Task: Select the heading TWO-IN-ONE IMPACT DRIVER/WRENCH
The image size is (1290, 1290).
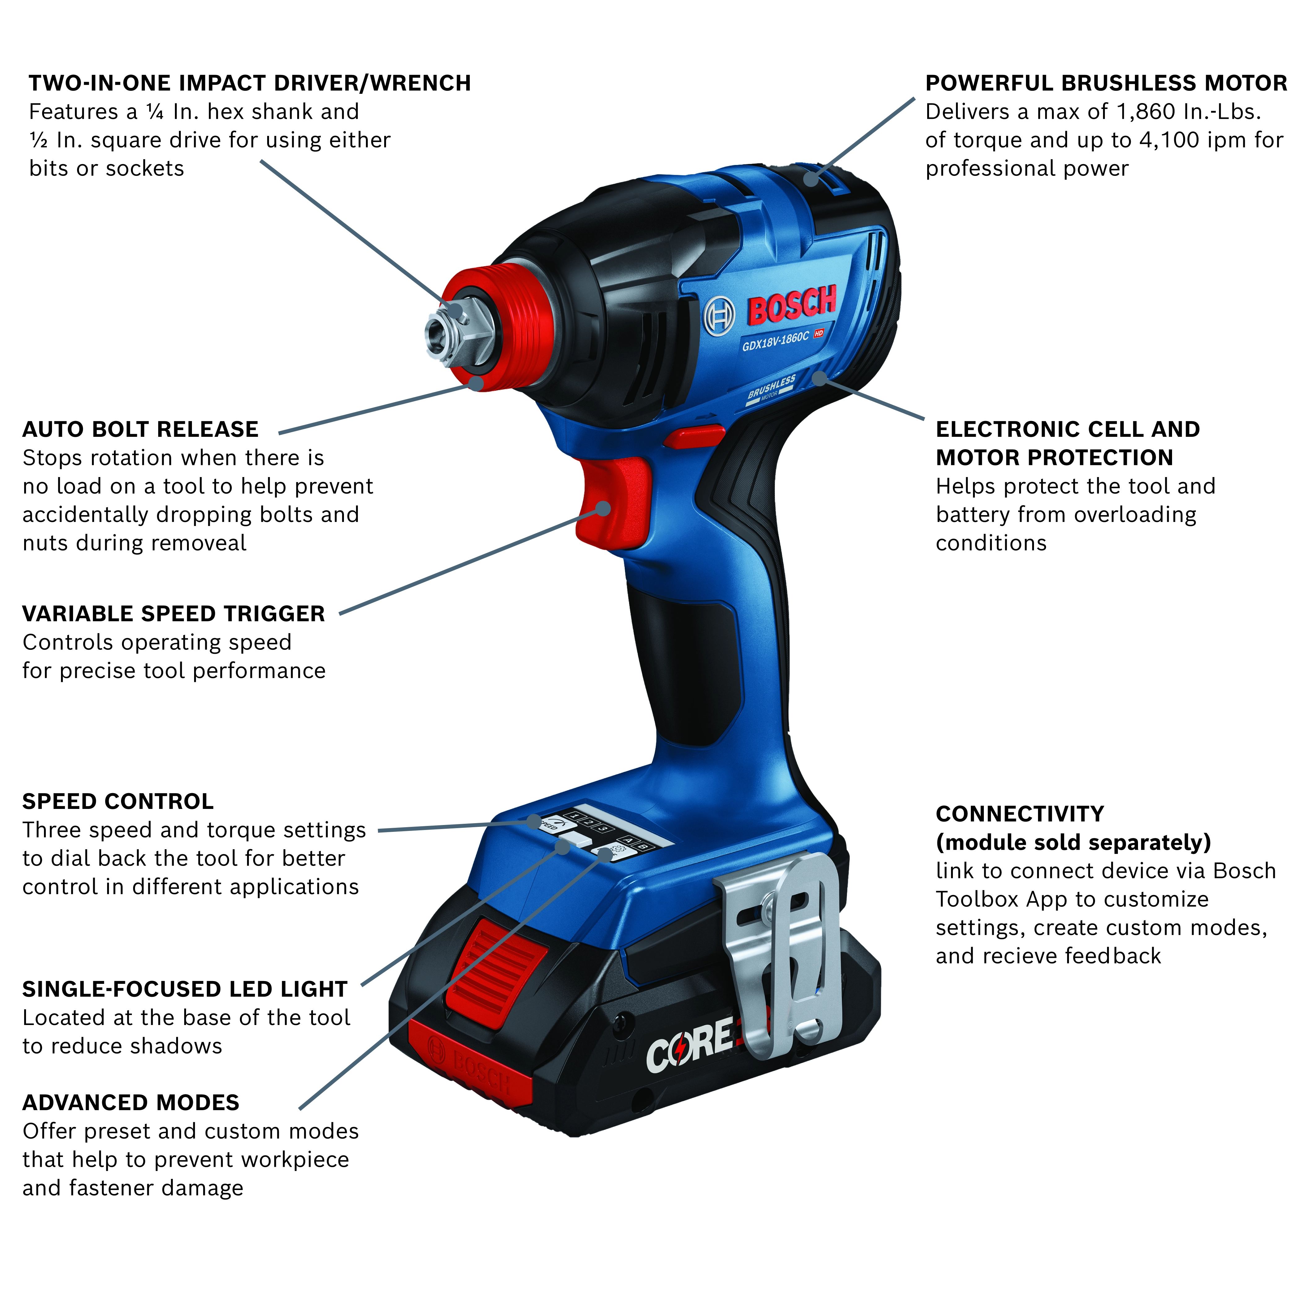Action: click(x=250, y=83)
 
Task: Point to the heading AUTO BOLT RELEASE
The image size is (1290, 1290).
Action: click(x=140, y=429)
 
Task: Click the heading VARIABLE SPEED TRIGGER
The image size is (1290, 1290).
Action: click(x=174, y=614)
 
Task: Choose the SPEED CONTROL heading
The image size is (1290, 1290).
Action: click(x=118, y=801)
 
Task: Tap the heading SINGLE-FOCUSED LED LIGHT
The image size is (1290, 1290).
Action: click(x=185, y=989)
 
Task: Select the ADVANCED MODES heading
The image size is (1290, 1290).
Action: click(x=131, y=1102)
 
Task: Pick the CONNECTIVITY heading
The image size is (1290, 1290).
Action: click(x=1019, y=814)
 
